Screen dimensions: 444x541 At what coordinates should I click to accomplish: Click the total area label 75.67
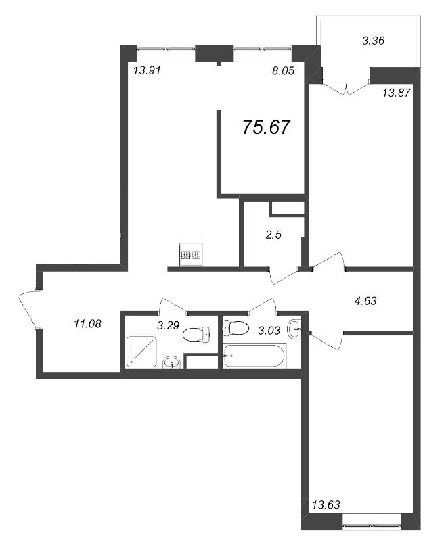coord(266,127)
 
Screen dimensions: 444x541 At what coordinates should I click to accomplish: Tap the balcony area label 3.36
coord(373,41)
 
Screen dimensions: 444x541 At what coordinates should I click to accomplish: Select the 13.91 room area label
coord(147,71)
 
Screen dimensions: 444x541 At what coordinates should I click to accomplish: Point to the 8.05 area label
coord(283,71)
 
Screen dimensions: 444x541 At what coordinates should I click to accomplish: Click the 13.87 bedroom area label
coord(397,93)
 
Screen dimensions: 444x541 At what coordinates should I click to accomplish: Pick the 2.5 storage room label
coord(273,235)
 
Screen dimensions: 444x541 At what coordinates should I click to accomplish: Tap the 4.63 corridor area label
coord(365,301)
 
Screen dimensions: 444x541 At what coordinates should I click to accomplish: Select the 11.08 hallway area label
coord(88,324)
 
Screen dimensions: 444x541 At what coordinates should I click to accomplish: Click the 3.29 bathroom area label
coord(168,325)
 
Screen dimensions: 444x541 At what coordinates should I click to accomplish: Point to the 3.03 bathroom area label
coord(269,331)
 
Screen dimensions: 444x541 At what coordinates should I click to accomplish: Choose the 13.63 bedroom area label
coord(326,504)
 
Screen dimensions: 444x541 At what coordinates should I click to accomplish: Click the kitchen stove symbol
coord(192,255)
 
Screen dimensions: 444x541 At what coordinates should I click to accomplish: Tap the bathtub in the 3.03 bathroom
coord(254,356)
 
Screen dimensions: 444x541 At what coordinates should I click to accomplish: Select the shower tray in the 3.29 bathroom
coord(141,351)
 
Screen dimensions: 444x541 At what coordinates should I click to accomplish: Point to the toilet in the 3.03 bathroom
coord(236,328)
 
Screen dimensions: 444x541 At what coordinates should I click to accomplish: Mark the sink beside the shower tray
coord(172,362)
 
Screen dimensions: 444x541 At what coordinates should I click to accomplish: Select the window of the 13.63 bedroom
coord(372,527)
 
